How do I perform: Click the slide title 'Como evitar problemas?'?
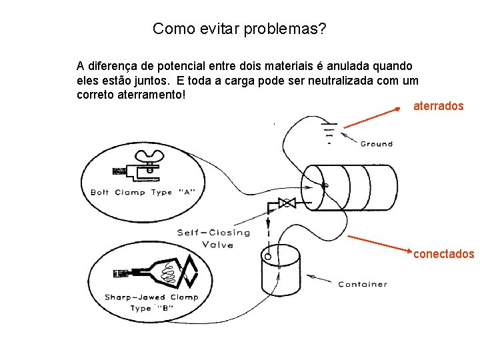click(x=239, y=29)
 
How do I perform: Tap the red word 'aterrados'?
click(x=438, y=106)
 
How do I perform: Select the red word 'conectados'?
click(x=443, y=254)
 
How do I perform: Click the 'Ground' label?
click(x=376, y=144)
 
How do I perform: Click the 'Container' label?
click(x=362, y=285)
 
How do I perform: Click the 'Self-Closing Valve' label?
click(x=213, y=238)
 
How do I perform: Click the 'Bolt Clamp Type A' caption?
click(x=143, y=193)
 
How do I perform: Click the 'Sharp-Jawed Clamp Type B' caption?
click(x=151, y=302)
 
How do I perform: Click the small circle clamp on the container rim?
click(x=267, y=255)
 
